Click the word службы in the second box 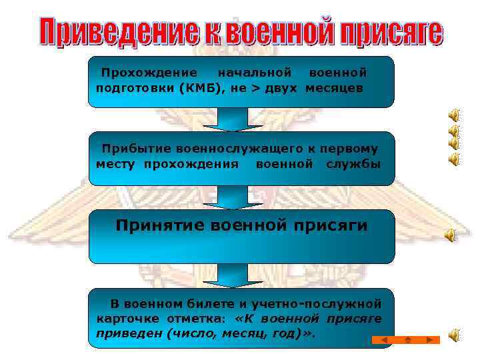point(354,163)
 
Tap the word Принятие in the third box point(159,225)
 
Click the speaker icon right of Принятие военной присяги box point(451,234)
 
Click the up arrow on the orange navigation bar point(407,340)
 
